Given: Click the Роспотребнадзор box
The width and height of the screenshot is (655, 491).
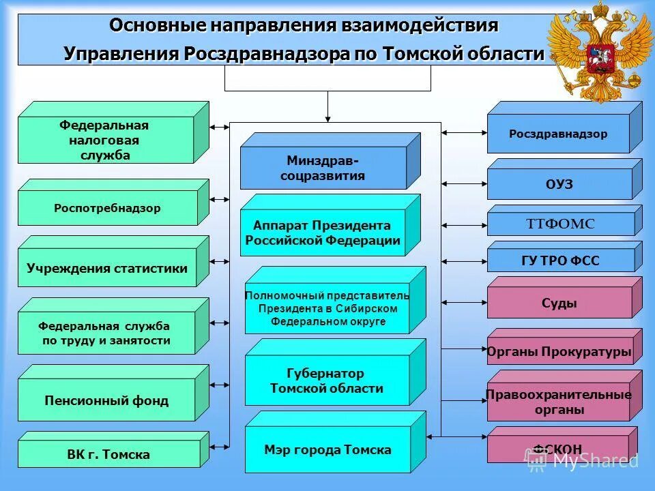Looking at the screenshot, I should [x=108, y=208].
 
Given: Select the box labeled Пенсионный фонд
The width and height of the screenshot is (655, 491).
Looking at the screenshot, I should [x=106, y=400].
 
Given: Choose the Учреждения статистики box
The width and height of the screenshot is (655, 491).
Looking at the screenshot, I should [x=107, y=268].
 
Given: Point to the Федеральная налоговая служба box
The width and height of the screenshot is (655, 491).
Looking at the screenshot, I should [x=104, y=140].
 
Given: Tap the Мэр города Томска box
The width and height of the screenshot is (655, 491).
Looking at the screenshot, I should [x=327, y=450].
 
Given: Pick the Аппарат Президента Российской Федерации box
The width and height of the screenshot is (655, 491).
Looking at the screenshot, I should [x=323, y=232].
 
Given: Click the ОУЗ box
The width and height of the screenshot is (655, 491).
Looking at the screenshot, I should [x=559, y=185].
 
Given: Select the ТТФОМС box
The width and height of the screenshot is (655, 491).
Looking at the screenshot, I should [x=560, y=224].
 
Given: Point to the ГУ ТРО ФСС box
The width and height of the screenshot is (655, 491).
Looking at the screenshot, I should [x=560, y=261].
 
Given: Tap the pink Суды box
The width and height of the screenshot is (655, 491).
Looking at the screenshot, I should [x=559, y=303].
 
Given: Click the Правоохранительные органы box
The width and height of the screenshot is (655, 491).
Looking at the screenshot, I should [x=559, y=402].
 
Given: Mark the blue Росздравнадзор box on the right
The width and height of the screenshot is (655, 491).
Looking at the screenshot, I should [x=558, y=134].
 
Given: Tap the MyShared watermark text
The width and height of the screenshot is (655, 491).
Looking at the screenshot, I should [x=594, y=460].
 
